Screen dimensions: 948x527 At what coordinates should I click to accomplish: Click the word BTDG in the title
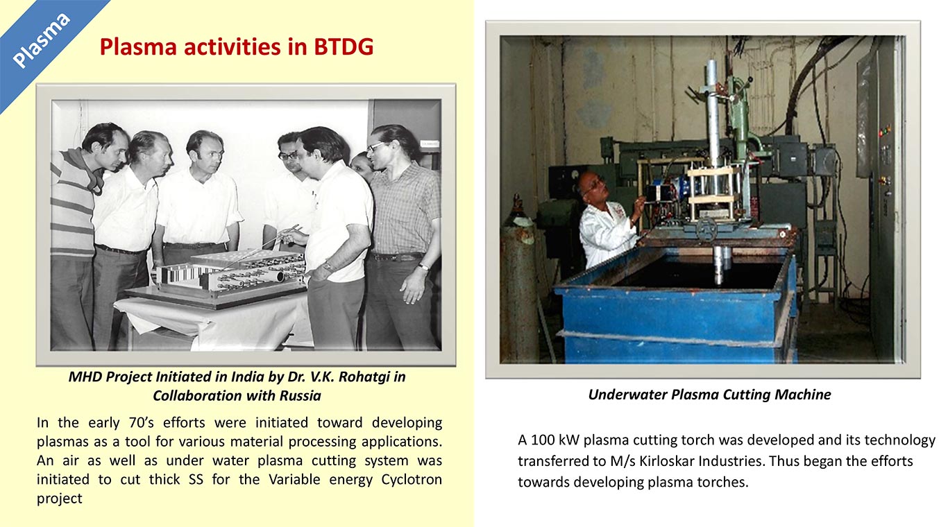click(344, 46)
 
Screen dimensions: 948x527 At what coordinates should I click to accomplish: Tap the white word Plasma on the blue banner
click(41, 41)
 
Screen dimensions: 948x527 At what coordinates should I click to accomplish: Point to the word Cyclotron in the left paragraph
click(412, 480)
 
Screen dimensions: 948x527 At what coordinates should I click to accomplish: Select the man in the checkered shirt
click(402, 237)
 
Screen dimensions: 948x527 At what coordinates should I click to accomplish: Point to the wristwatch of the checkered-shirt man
click(424, 266)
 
